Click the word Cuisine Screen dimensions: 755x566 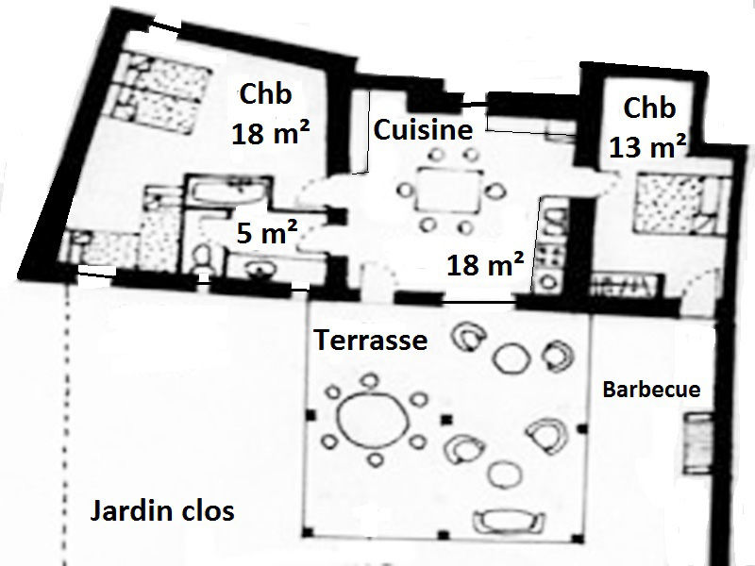pyautogui.click(x=423, y=130)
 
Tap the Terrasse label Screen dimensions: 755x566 pyautogui.click(x=371, y=340)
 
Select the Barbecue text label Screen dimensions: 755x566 pyautogui.click(x=651, y=389)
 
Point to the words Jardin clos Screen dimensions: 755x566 pyautogui.click(x=162, y=510)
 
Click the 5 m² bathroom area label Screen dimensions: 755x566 pyautogui.click(x=266, y=232)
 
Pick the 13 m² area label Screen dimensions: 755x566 pyautogui.click(x=647, y=147)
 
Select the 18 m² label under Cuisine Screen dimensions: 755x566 pyautogui.click(x=485, y=264)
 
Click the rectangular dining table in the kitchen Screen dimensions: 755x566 pyautogui.click(x=449, y=190)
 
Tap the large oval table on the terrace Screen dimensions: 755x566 pyautogui.click(x=372, y=418)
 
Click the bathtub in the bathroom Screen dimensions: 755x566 pyautogui.click(x=227, y=191)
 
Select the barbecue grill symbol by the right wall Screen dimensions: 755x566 pyautogui.click(x=697, y=443)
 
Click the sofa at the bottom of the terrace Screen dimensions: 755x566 pyautogui.click(x=509, y=522)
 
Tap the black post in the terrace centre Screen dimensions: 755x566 pyautogui.click(x=447, y=420)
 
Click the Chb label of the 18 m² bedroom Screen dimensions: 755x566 pyautogui.click(x=265, y=93)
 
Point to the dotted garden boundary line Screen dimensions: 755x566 pyautogui.click(x=66, y=424)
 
